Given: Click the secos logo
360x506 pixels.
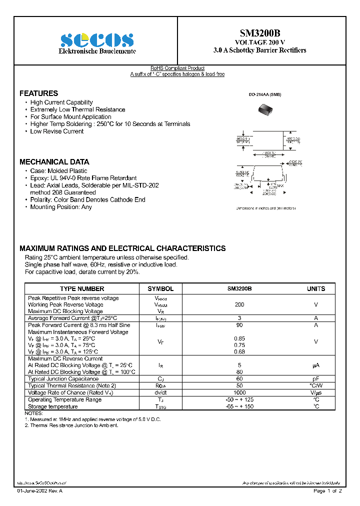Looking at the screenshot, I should [x=97, y=40].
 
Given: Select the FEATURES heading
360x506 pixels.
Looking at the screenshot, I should [x=38, y=93].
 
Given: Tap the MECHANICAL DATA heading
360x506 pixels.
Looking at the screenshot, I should [x=54, y=162].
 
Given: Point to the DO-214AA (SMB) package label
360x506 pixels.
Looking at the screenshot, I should [x=265, y=94].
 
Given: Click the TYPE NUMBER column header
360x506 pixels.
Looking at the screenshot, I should [x=82, y=288].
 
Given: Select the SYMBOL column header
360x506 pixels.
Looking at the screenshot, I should [x=160, y=288].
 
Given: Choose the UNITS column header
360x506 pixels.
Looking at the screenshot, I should [x=316, y=288].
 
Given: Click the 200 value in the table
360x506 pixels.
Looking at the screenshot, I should [x=239, y=304].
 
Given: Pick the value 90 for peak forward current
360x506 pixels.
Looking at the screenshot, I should [x=239, y=325].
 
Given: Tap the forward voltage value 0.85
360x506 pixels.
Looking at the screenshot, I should [x=239, y=338].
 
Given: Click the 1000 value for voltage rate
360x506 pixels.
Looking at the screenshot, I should [x=239, y=392].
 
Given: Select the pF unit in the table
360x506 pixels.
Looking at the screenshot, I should [x=316, y=379].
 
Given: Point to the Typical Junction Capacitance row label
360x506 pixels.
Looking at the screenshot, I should [x=63, y=379].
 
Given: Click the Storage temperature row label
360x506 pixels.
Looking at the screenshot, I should [x=52, y=406].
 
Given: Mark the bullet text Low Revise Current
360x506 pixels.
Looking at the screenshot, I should [x=57, y=131].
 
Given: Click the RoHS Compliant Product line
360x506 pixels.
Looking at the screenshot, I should [x=177, y=68].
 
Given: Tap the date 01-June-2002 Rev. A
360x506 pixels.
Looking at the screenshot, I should [x=40, y=491].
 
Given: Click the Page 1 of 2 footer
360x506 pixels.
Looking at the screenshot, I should [x=327, y=491].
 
